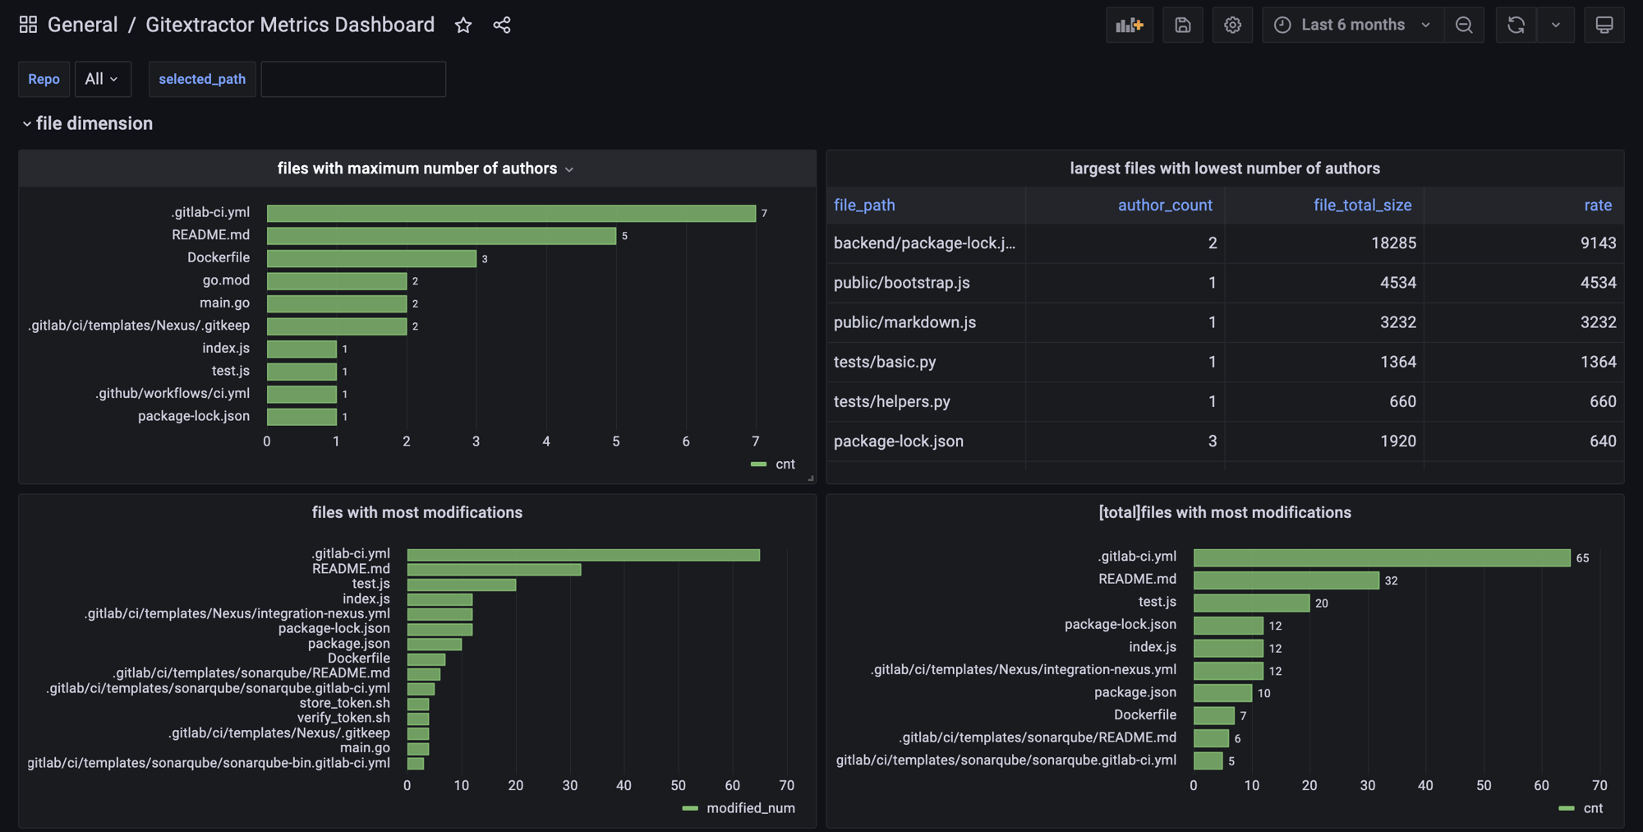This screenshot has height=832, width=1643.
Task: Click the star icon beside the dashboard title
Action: point(463,25)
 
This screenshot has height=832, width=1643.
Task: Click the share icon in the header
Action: point(502,25)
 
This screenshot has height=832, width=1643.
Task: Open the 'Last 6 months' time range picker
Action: point(1353,25)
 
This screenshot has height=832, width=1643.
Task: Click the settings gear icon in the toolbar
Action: point(1232,25)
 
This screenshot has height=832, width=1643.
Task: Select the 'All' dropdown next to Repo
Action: point(102,79)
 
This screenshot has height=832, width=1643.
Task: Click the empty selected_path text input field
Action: point(353,79)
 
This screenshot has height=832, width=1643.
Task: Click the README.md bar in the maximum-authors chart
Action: point(441,236)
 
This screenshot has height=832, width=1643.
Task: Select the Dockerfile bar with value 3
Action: point(371,258)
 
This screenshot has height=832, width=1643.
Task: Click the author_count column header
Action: point(1164,206)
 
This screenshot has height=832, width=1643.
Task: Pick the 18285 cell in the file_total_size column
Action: point(1393,243)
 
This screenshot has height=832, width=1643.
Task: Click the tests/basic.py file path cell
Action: point(885,362)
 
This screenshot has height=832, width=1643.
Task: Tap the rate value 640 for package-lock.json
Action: point(1602,441)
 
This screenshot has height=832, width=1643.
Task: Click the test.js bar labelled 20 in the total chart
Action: point(1251,603)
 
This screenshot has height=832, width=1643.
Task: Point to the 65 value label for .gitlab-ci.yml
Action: point(1582,558)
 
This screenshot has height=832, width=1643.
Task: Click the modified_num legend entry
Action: point(749,808)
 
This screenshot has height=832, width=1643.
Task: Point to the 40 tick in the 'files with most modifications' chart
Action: point(624,785)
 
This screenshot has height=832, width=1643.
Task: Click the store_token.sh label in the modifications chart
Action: point(344,703)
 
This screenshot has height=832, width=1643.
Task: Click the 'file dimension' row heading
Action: point(94,123)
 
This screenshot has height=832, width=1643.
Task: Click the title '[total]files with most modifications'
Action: point(1224,513)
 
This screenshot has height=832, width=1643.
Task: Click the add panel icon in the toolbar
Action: point(1130,25)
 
